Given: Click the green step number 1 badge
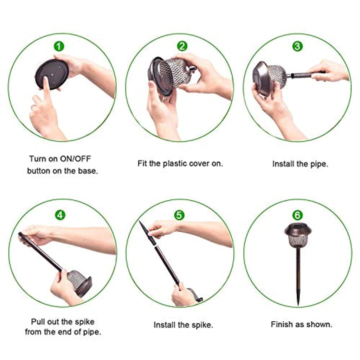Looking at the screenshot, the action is click(x=59, y=47).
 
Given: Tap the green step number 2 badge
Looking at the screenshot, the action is click(x=182, y=46).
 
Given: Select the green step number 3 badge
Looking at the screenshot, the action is click(x=297, y=46).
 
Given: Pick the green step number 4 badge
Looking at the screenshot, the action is click(x=60, y=215).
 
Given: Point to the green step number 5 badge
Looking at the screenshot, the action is click(x=179, y=215).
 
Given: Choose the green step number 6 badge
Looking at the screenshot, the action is click(x=297, y=215).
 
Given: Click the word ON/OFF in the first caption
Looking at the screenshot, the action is click(x=75, y=159).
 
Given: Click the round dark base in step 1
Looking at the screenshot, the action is click(x=52, y=74).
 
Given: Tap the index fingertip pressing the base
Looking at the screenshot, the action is click(x=45, y=79).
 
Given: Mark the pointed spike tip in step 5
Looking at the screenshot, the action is click(x=140, y=222).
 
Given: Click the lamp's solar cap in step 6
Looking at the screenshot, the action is click(x=297, y=229).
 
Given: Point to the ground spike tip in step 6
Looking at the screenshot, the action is click(x=298, y=304).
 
